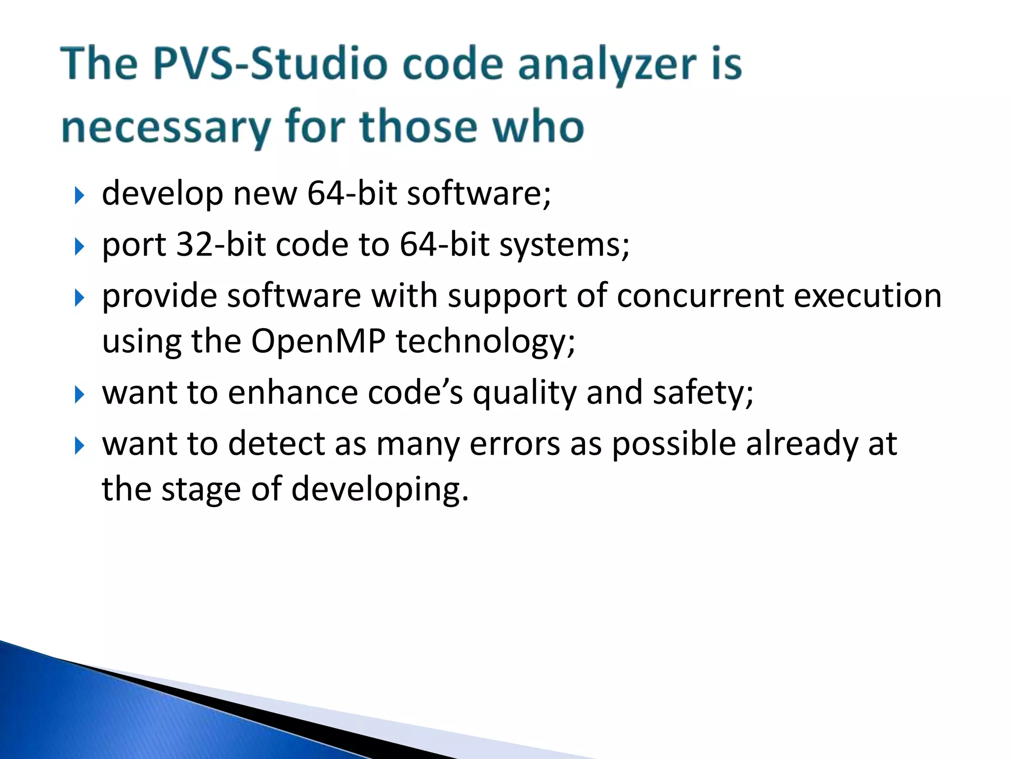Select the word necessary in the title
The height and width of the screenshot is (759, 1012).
166,127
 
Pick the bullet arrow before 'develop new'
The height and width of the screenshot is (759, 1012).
79,196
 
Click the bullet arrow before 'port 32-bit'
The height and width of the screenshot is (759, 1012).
79,247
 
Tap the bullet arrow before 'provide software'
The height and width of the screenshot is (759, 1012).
79,298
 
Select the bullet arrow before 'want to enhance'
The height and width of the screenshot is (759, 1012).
79,395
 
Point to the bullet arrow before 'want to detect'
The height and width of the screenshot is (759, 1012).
79,446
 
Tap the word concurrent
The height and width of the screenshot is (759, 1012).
700,295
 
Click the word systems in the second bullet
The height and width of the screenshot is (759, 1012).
564,245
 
